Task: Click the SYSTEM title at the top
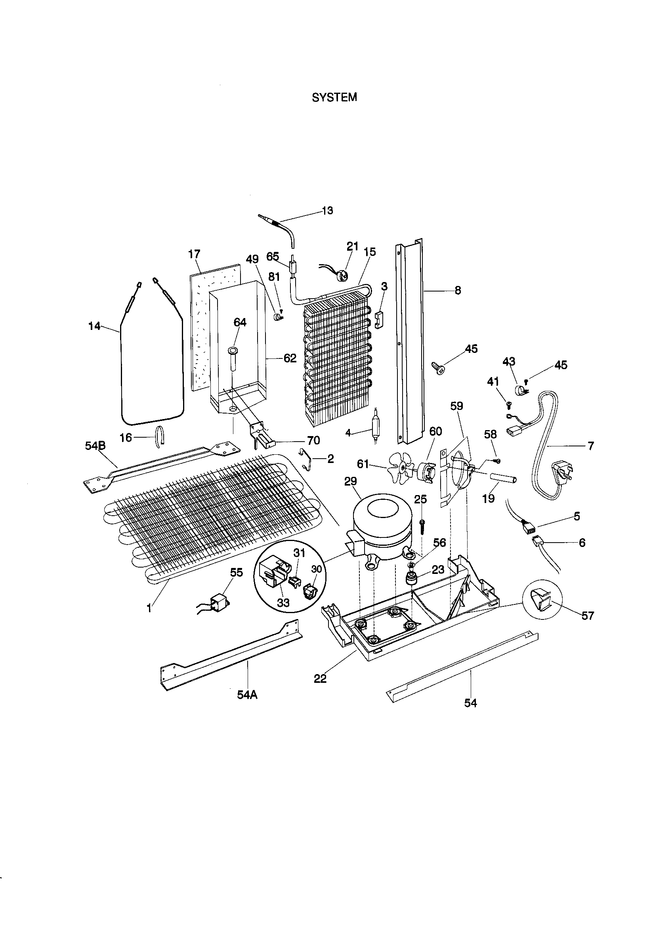(334, 97)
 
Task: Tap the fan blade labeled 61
(400, 467)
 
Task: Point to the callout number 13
(327, 211)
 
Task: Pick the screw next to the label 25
(422, 526)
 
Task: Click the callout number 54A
(247, 695)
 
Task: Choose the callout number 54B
(95, 446)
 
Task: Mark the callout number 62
(290, 358)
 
